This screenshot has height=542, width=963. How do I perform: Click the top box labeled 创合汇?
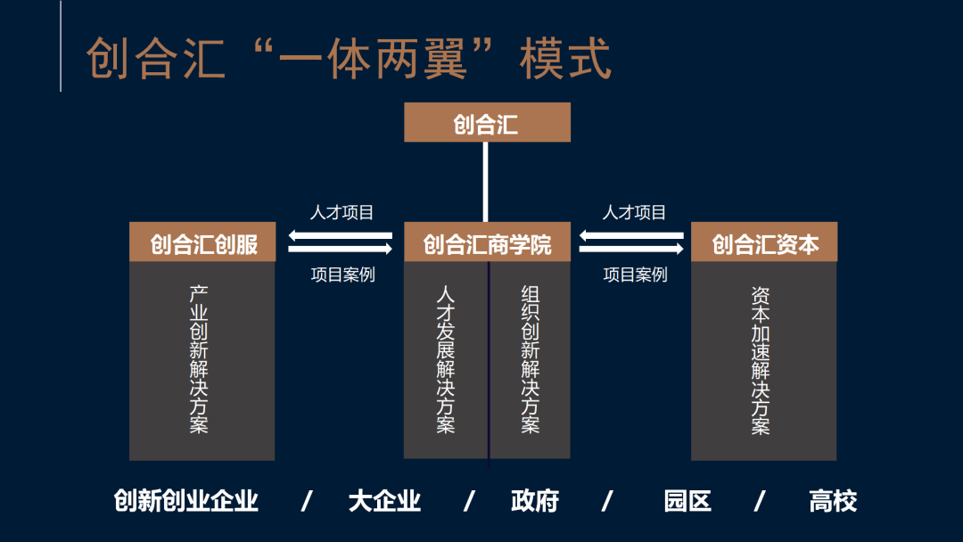tap(487, 123)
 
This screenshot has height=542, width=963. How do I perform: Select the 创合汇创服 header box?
tap(202, 242)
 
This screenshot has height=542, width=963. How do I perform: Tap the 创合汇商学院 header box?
tap(487, 242)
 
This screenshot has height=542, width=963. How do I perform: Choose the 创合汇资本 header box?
tap(764, 242)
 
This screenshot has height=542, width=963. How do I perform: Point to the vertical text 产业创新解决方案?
tap(199, 359)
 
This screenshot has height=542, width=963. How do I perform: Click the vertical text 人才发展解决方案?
tap(446, 359)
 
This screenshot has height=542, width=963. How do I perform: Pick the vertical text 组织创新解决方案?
tap(531, 359)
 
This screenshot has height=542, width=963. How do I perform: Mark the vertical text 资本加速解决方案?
tap(761, 360)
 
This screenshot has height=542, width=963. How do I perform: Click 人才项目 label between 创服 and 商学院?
tap(342, 212)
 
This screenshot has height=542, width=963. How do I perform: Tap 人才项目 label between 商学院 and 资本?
tap(634, 212)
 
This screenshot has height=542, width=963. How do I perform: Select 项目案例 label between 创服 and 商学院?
tap(342, 275)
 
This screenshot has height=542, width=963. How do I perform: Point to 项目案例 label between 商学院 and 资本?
tap(635, 275)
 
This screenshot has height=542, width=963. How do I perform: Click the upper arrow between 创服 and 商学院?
tap(340, 235)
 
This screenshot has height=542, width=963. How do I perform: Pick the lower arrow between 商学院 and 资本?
tap(632, 250)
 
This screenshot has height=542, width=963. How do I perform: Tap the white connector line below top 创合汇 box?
tap(486, 182)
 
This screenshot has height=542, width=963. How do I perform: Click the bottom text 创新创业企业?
tap(185, 501)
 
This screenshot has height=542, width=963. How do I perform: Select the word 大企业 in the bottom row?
tap(384, 501)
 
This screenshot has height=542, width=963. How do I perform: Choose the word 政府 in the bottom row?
tap(535, 501)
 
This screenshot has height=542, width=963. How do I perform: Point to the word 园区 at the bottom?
tap(687, 501)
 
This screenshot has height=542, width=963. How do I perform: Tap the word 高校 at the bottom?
tap(833, 501)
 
